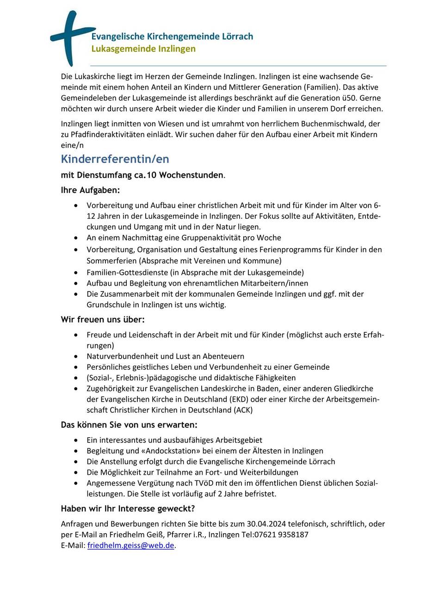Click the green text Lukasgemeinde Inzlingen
143,49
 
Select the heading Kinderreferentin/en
115,159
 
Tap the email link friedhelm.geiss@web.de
130,545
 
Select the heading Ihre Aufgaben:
90,190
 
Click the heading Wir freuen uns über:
103,320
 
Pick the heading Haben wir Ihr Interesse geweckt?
128,509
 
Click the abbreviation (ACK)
243,410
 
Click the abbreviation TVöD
212,483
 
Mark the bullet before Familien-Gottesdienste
76,272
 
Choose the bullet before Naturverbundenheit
76,356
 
